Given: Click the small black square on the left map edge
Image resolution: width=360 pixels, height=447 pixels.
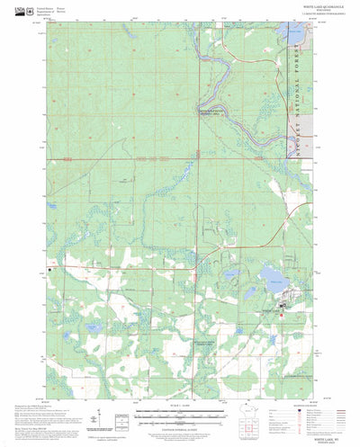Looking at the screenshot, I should (x=62, y=268).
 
